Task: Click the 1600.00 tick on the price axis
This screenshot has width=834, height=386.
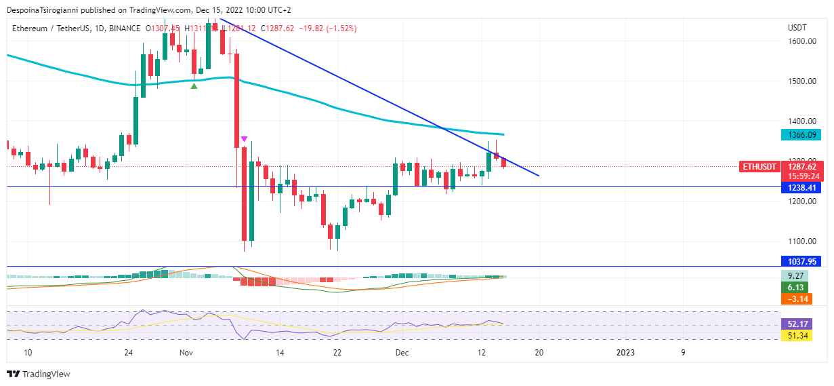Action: click(801, 41)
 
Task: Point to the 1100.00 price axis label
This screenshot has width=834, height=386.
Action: click(801, 242)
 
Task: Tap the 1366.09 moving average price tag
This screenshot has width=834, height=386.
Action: click(801, 135)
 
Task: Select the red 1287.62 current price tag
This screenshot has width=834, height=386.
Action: click(801, 166)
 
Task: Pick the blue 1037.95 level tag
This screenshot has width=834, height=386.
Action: click(801, 261)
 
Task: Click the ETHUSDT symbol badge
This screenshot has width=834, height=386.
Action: click(759, 166)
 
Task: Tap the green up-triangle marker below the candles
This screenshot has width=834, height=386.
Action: click(194, 85)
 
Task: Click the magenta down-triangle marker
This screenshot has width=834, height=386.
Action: click(244, 139)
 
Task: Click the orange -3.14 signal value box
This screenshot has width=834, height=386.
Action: click(797, 298)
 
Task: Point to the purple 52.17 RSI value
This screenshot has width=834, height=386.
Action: click(797, 324)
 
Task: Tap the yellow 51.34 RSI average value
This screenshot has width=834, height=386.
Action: click(797, 335)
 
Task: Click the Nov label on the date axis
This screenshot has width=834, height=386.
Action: click(187, 353)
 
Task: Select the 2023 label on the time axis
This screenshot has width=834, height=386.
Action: click(625, 353)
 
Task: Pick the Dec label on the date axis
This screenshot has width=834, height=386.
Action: click(402, 353)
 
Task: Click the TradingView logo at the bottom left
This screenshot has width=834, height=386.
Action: click(39, 374)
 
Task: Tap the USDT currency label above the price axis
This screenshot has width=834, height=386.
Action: click(797, 28)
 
